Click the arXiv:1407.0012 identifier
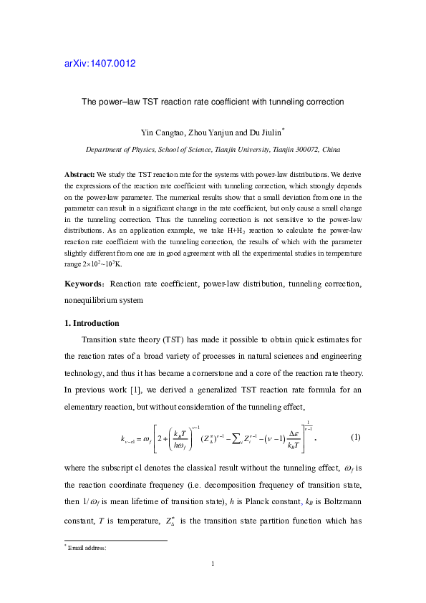pos(100,63)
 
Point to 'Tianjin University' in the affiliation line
pos(240,150)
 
